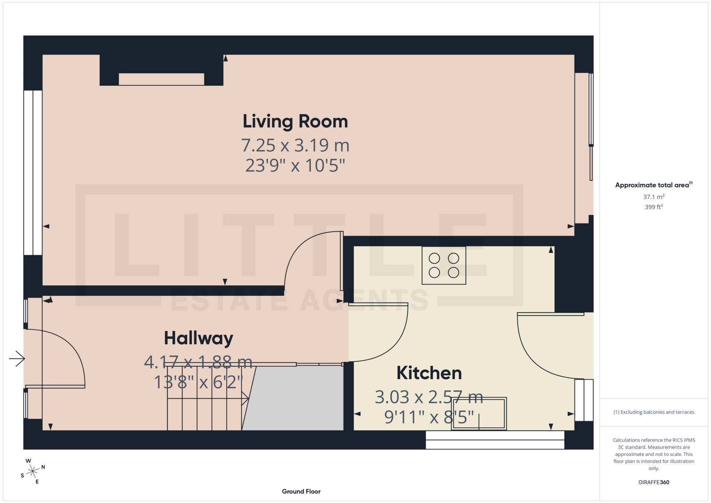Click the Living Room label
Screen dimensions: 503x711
[x=295, y=121]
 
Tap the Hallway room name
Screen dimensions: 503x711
[x=198, y=338]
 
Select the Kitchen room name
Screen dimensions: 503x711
[x=429, y=373]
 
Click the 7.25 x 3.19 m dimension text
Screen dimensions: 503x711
[x=295, y=145]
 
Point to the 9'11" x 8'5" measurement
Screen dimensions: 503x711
[x=429, y=417]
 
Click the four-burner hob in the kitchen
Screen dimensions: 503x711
[x=444, y=266]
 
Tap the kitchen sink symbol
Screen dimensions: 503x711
[x=478, y=414]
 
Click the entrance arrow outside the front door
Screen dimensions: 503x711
[x=17, y=358]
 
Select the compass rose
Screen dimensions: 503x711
[x=33, y=471]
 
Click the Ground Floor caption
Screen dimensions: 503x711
[x=301, y=492]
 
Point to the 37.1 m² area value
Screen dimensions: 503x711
[x=654, y=197]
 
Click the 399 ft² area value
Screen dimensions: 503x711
[x=654, y=207]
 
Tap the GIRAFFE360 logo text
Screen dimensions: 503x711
[x=654, y=482]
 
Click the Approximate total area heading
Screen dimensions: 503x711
[x=654, y=185]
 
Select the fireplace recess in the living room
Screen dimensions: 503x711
[x=161, y=79]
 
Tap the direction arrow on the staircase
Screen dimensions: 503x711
[x=244, y=399]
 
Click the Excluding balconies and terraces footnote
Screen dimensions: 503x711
[x=654, y=412]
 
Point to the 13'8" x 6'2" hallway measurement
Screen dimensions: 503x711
[x=198, y=382]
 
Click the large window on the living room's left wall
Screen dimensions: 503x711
[x=33, y=173]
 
